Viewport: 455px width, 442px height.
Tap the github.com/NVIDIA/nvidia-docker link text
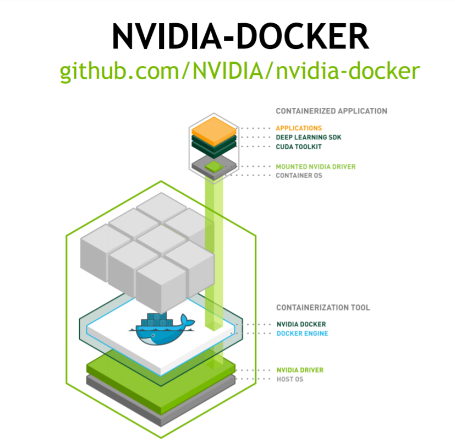pyautogui.click(x=240, y=71)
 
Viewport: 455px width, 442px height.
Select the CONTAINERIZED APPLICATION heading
pyautogui.click(x=331, y=111)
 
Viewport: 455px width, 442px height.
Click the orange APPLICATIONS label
pyautogui.click(x=299, y=128)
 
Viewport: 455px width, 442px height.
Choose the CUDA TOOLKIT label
pyautogui.click(x=299, y=147)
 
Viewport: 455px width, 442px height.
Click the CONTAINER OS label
pyautogui.click(x=299, y=176)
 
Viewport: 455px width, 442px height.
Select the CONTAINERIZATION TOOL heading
pyautogui.click(x=323, y=307)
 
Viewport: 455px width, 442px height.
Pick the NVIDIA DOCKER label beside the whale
pyautogui.click(x=300, y=324)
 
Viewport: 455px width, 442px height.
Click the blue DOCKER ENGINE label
pyautogui.click(x=302, y=334)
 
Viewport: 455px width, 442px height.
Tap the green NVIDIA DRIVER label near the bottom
pyautogui.click(x=299, y=370)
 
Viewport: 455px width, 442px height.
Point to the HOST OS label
pyautogui.click(x=289, y=379)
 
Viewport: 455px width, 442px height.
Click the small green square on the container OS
pyautogui.click(x=212, y=166)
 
